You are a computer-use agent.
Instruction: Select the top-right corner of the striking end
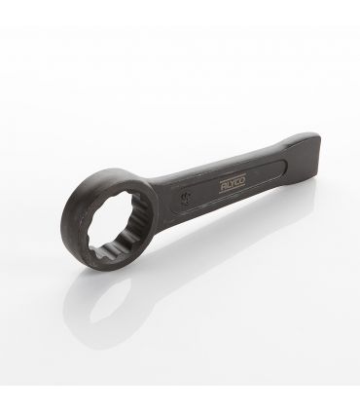click(x=314, y=135)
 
